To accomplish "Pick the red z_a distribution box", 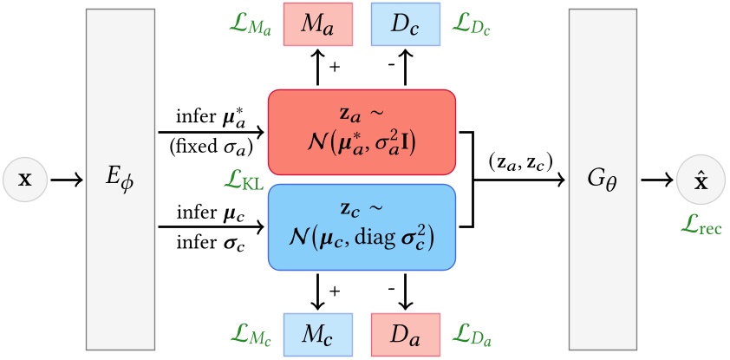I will [x=362, y=134].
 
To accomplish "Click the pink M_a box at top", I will [x=318, y=25].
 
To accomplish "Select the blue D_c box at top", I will [x=405, y=25].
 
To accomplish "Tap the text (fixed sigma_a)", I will [x=211, y=147].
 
